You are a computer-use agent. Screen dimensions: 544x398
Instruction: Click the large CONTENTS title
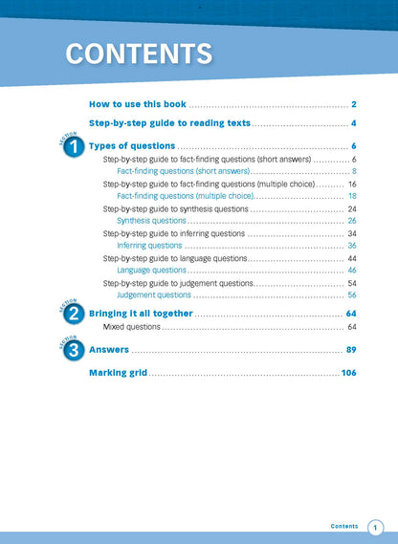coord(139,54)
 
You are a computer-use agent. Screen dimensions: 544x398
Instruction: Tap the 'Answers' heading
coord(109,350)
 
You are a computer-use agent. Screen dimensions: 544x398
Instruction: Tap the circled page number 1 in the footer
coord(375,527)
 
